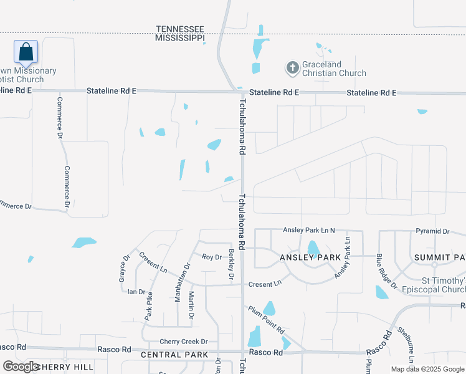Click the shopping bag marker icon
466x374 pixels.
click(26, 52)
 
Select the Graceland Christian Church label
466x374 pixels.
click(334, 69)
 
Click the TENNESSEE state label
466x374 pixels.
click(180, 29)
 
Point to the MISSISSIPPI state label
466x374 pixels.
click(180, 38)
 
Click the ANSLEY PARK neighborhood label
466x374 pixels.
click(310, 257)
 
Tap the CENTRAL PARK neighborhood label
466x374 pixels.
click(170, 355)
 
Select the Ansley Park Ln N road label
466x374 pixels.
click(309, 231)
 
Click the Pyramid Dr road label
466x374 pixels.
click(432, 231)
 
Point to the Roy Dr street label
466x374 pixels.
click(212, 257)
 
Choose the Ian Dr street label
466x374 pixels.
click(136, 292)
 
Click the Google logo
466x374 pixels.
click(20, 367)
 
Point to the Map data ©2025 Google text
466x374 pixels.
click(427, 369)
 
